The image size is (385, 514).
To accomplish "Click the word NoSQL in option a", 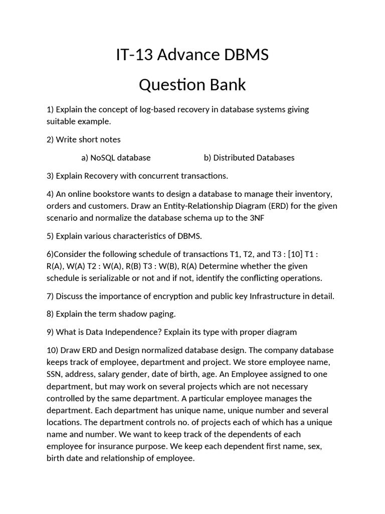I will click(103, 158).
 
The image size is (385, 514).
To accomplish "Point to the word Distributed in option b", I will click(234, 158).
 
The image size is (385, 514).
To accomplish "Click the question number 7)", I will click(50, 296).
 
